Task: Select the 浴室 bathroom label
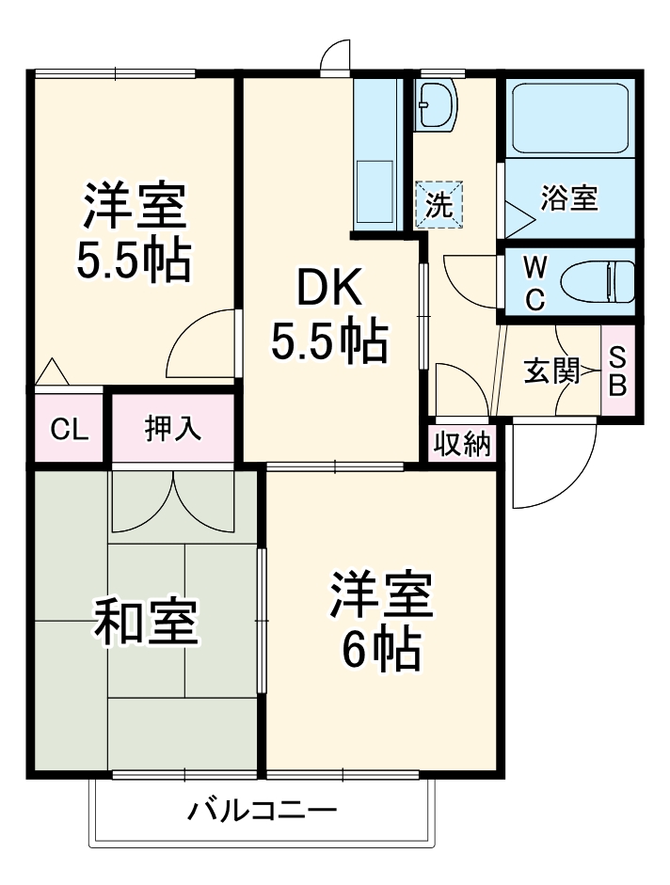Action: [x=570, y=198]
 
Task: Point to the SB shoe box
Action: [x=617, y=372]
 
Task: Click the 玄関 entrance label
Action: [x=551, y=371]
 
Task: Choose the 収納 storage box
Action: [x=462, y=444]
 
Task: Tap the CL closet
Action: [x=69, y=430]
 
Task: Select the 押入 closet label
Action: [x=173, y=428]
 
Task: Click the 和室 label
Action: [x=146, y=622]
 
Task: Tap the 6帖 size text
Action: [x=380, y=649]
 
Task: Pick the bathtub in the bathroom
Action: [x=569, y=118]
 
